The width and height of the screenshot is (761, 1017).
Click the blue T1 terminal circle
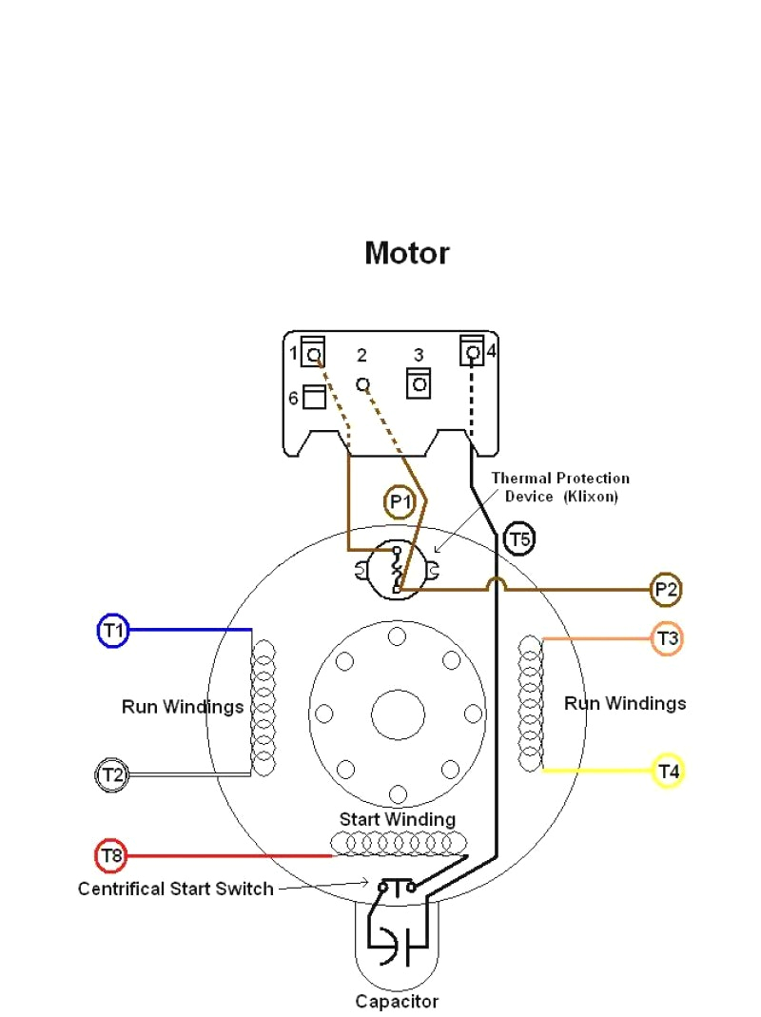pyautogui.click(x=113, y=631)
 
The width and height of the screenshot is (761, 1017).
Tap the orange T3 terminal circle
pyautogui.click(x=668, y=638)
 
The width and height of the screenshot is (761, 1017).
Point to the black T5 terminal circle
pyautogui.click(x=519, y=540)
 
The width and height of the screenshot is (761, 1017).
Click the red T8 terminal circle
pyautogui.click(x=112, y=856)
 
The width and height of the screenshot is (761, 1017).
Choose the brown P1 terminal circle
pyautogui.click(x=400, y=502)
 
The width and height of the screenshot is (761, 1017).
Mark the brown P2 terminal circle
pyautogui.click(x=666, y=590)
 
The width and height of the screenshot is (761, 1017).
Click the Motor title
pyautogui.click(x=406, y=253)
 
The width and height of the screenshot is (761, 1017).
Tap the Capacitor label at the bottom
pyautogui.click(x=397, y=1001)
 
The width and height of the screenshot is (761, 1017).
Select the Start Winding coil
pyautogui.click(x=399, y=843)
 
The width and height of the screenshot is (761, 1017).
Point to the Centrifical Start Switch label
pyautogui.click(x=175, y=889)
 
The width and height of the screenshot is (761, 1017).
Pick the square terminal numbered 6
pyautogui.click(x=314, y=397)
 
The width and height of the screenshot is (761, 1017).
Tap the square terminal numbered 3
pyautogui.click(x=419, y=384)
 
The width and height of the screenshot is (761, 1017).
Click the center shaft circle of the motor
pyautogui.click(x=398, y=714)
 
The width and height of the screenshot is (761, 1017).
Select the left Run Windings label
pyautogui.click(x=183, y=707)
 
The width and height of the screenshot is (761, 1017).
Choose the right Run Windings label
pyautogui.click(x=625, y=703)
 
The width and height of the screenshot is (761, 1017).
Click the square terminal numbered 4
pyautogui.click(x=472, y=352)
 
